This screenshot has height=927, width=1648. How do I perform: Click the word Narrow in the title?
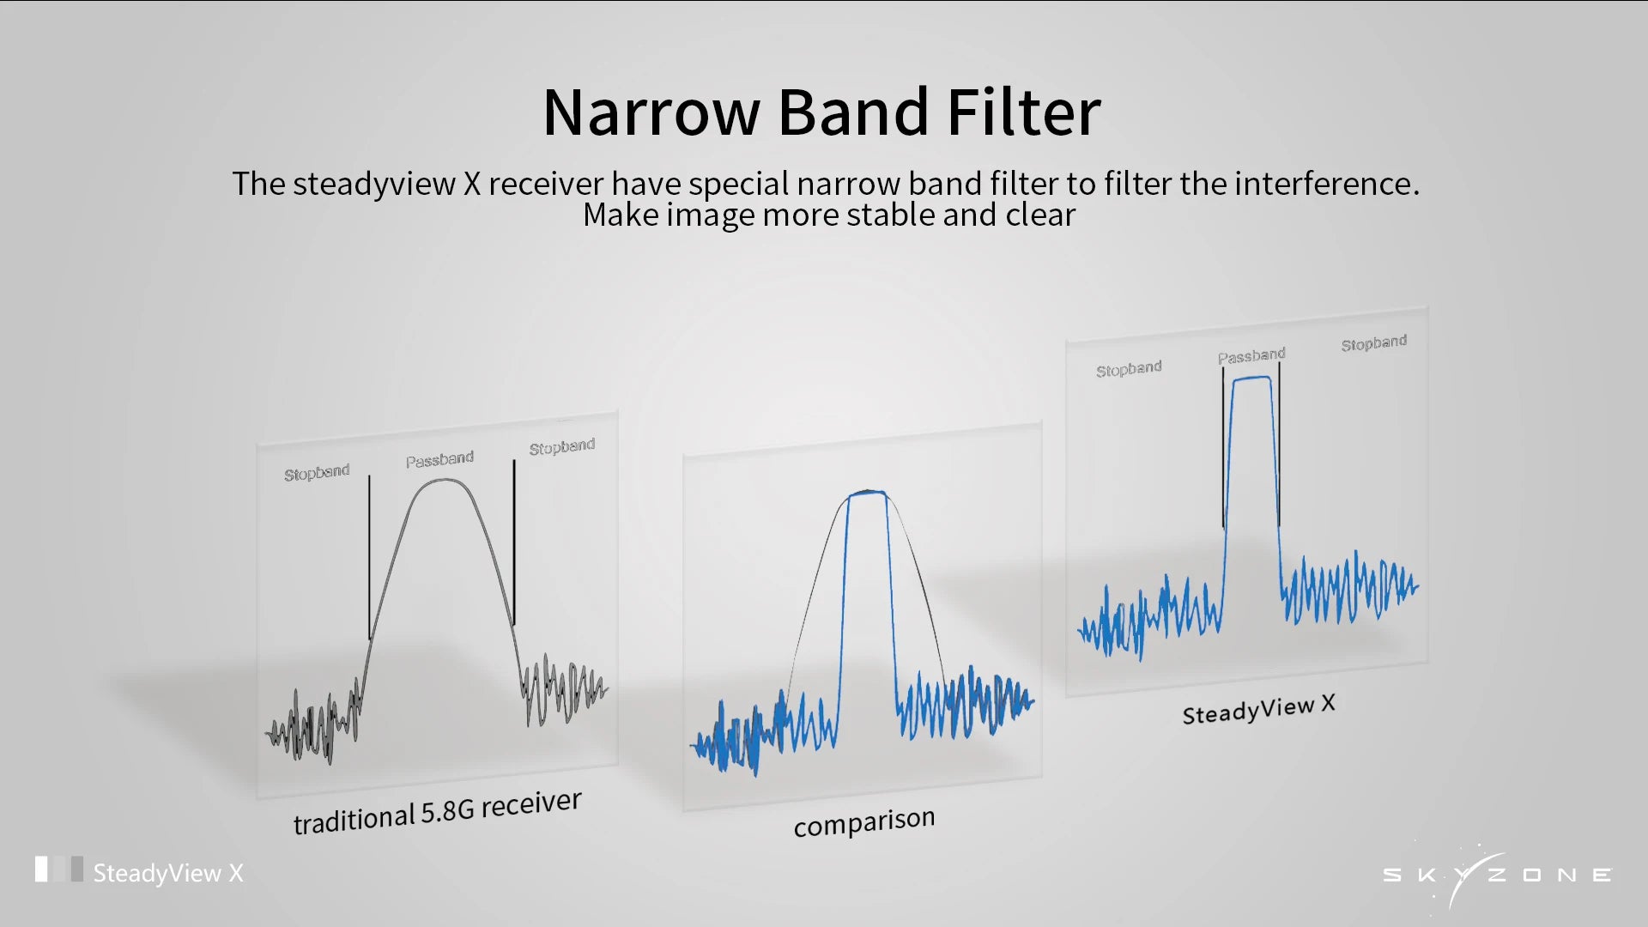(x=651, y=112)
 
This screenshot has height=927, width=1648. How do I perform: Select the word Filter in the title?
(x=1023, y=112)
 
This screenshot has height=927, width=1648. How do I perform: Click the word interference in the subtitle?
(x=1327, y=184)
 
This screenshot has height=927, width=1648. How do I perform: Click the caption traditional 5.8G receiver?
(x=437, y=812)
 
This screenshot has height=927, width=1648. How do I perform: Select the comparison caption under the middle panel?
(x=864, y=822)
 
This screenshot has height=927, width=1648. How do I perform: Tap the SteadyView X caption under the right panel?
(x=1258, y=709)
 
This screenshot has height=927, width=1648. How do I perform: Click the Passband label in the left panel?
(x=439, y=460)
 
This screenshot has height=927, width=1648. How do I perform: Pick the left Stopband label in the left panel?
(x=317, y=473)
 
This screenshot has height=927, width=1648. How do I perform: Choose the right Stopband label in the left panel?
(x=561, y=447)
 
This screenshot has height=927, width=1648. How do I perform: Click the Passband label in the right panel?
(x=1251, y=355)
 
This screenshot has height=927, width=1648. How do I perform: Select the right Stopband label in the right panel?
(x=1374, y=343)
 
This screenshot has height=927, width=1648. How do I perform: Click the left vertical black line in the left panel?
(x=370, y=558)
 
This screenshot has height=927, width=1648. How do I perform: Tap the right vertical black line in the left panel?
(x=514, y=542)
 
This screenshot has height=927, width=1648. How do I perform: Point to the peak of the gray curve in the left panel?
(x=443, y=480)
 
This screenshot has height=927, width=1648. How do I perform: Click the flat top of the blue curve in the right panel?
(x=1251, y=379)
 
